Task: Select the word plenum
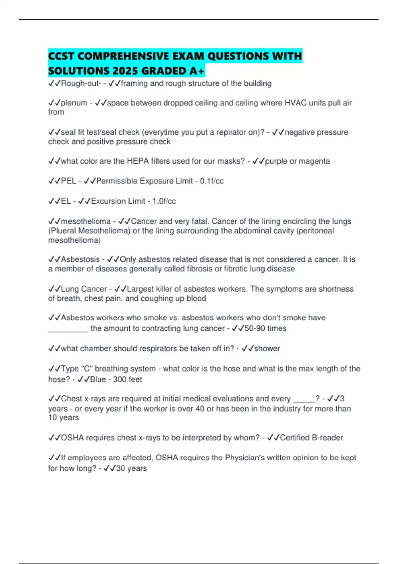click(x=74, y=103)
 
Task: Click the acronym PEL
click(x=69, y=181)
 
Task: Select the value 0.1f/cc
click(x=212, y=181)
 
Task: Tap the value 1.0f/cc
click(x=164, y=201)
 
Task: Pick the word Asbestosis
click(x=80, y=259)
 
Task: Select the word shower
click(x=267, y=349)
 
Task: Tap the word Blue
click(x=98, y=379)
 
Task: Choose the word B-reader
click(x=327, y=438)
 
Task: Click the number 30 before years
click(x=120, y=468)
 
